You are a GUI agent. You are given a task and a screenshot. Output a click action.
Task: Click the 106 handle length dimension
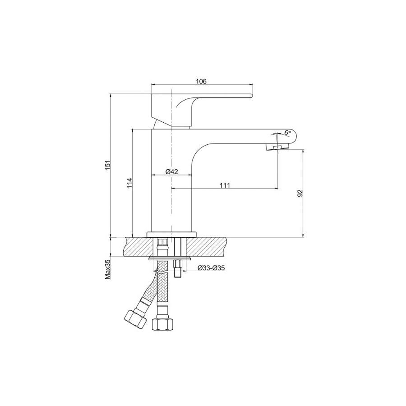(x=201, y=81)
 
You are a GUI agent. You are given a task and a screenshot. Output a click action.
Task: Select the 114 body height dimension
(x=129, y=183)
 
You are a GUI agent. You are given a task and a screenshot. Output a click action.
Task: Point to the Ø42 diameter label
(x=172, y=171)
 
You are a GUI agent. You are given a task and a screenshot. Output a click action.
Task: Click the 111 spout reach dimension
(x=225, y=185)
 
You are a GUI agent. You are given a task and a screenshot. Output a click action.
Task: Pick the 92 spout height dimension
(x=300, y=193)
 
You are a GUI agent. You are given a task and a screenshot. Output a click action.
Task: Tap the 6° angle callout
(x=287, y=132)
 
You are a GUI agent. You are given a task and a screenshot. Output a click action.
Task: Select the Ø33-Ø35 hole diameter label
(x=211, y=268)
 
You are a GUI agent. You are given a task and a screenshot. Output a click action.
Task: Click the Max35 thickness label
(x=108, y=270)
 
